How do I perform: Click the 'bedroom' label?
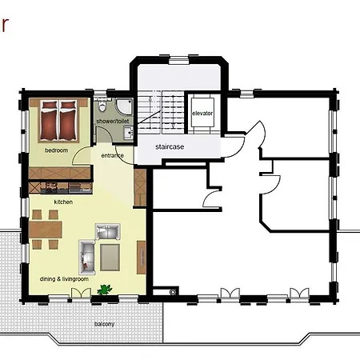[x=56, y=150]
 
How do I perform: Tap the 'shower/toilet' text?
[x=112, y=121]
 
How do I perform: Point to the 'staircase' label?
[x=171, y=147]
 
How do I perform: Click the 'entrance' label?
[x=112, y=155]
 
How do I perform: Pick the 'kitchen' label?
[x=64, y=202]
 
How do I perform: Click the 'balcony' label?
[x=104, y=324]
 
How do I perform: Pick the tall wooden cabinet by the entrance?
[x=141, y=185]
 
